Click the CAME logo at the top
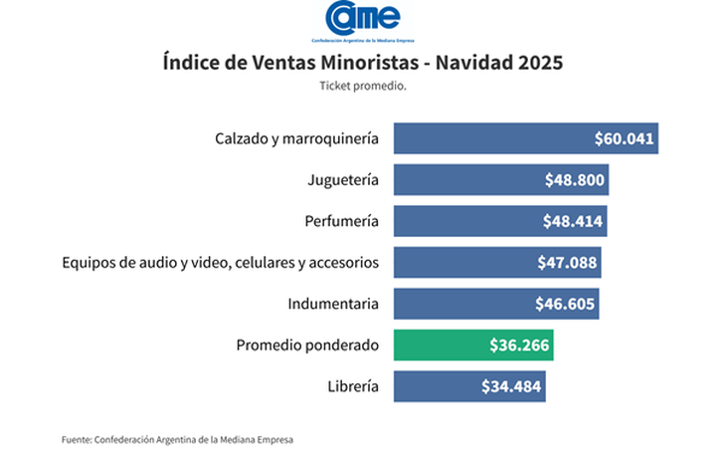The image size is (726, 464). coord(362,20)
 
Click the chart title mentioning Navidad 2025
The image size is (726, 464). coord(362,63)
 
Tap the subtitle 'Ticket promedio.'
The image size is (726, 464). coord(363,87)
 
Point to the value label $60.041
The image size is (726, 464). coord(624,138)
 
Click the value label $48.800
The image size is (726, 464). coord(574,180)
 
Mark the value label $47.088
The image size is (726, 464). coord(566,263)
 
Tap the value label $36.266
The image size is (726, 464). coord(518,345)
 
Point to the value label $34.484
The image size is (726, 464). coord(511,386)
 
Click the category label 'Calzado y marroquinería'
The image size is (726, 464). coord(296,138)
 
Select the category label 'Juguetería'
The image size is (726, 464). coord(343,180)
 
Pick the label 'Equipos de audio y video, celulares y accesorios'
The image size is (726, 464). coord(220,263)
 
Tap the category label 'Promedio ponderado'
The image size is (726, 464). coord(307,345)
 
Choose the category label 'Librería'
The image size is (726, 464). coord(352,386)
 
